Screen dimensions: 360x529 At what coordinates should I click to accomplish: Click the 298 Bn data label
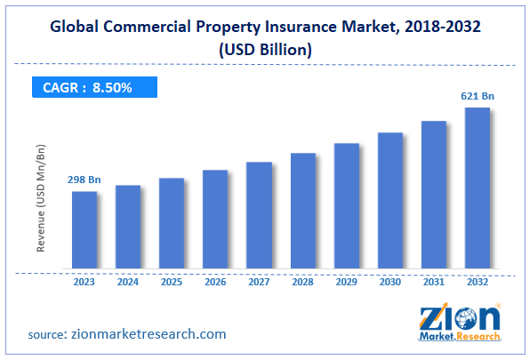pyautogui.click(x=84, y=180)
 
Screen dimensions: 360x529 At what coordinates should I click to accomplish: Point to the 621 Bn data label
pyautogui.click(x=477, y=96)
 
